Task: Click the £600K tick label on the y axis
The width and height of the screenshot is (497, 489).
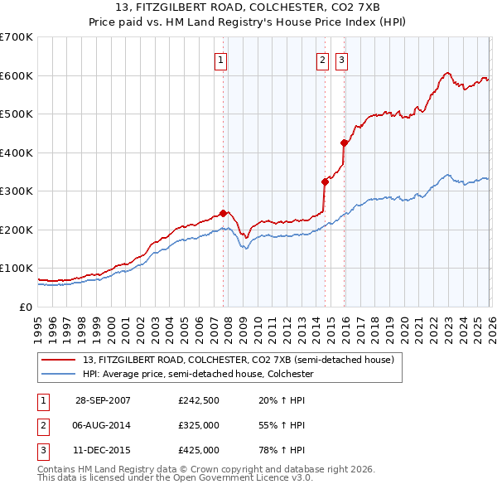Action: pyautogui.click(x=17, y=75)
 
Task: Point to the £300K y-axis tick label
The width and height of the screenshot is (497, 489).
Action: pyautogui.click(x=17, y=191)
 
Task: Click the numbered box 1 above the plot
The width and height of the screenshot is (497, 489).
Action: pyautogui.click(x=222, y=59)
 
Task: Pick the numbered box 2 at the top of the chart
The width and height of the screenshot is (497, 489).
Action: pyautogui.click(x=322, y=59)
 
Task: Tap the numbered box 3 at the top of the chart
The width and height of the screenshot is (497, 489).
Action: pyautogui.click(x=341, y=59)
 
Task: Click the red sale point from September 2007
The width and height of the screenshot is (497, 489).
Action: pyautogui.click(x=223, y=213)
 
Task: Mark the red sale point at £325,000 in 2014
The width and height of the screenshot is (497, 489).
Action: pyautogui.click(x=325, y=182)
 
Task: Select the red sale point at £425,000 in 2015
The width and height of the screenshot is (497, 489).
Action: pyautogui.click(x=344, y=143)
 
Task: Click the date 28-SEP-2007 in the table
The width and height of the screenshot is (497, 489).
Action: pyautogui.click(x=103, y=400)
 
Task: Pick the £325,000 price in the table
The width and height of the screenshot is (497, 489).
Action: pyautogui.click(x=199, y=425)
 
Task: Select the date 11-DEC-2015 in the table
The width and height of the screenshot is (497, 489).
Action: pyautogui.click(x=103, y=450)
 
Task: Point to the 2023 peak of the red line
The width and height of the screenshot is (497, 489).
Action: pyautogui.click(x=446, y=73)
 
